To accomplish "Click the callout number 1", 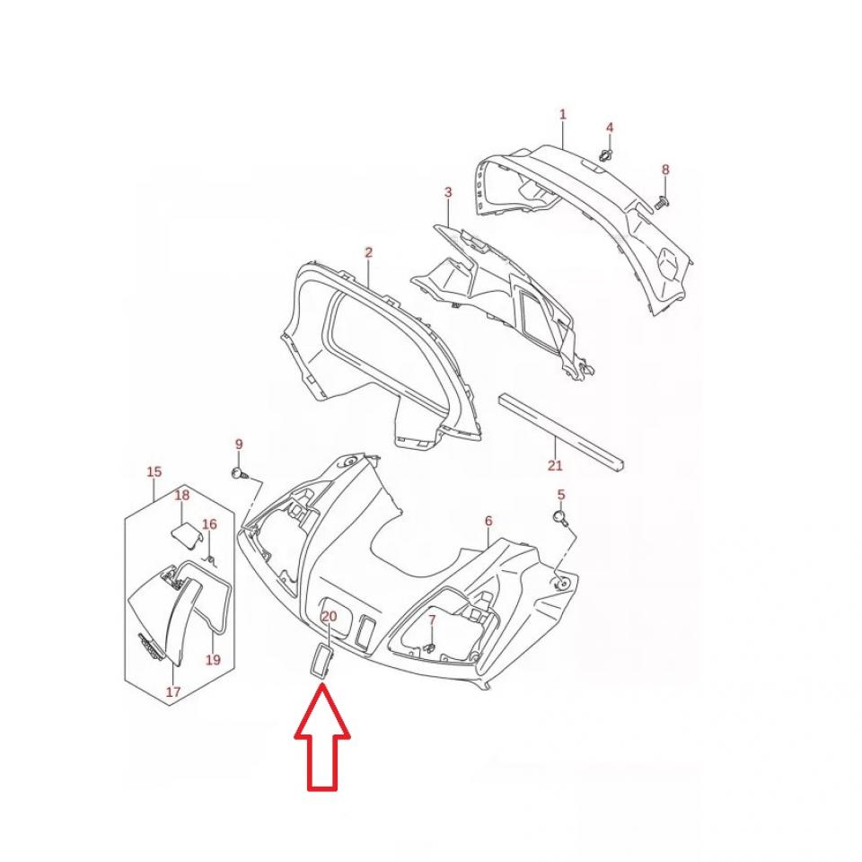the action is pyautogui.click(x=562, y=114).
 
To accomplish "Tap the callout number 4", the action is pyautogui.click(x=609, y=128).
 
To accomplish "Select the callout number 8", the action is pyautogui.click(x=665, y=170).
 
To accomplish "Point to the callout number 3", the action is pyautogui.click(x=448, y=192).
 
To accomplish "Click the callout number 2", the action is pyautogui.click(x=368, y=252).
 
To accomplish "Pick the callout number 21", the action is pyautogui.click(x=555, y=465).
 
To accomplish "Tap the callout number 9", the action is pyautogui.click(x=239, y=444).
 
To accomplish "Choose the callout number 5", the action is pyautogui.click(x=560, y=494).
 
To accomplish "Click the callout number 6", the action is pyautogui.click(x=488, y=521).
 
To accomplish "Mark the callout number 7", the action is pyautogui.click(x=432, y=620).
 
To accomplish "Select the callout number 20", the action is pyautogui.click(x=329, y=616).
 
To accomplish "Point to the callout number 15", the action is pyautogui.click(x=154, y=471).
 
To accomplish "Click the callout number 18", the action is pyautogui.click(x=182, y=495).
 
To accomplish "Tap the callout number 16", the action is pyautogui.click(x=209, y=523).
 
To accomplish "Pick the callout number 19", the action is pyautogui.click(x=213, y=660).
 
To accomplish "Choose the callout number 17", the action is pyautogui.click(x=173, y=691).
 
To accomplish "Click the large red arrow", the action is pyautogui.click(x=322, y=736).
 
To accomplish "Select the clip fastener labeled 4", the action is pyautogui.click(x=607, y=155).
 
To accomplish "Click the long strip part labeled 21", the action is pyautogui.click(x=562, y=432).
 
